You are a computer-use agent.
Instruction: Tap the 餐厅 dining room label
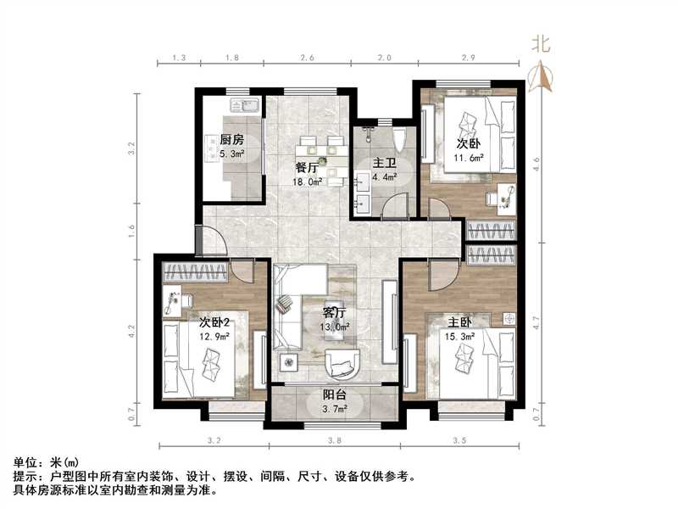click(307, 167)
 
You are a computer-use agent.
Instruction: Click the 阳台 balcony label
click(333, 394)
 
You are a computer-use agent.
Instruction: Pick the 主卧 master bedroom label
click(460, 322)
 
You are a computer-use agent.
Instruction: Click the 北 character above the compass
click(541, 45)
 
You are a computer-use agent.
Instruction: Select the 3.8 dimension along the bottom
click(335, 441)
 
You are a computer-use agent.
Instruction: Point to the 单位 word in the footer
click(26, 462)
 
